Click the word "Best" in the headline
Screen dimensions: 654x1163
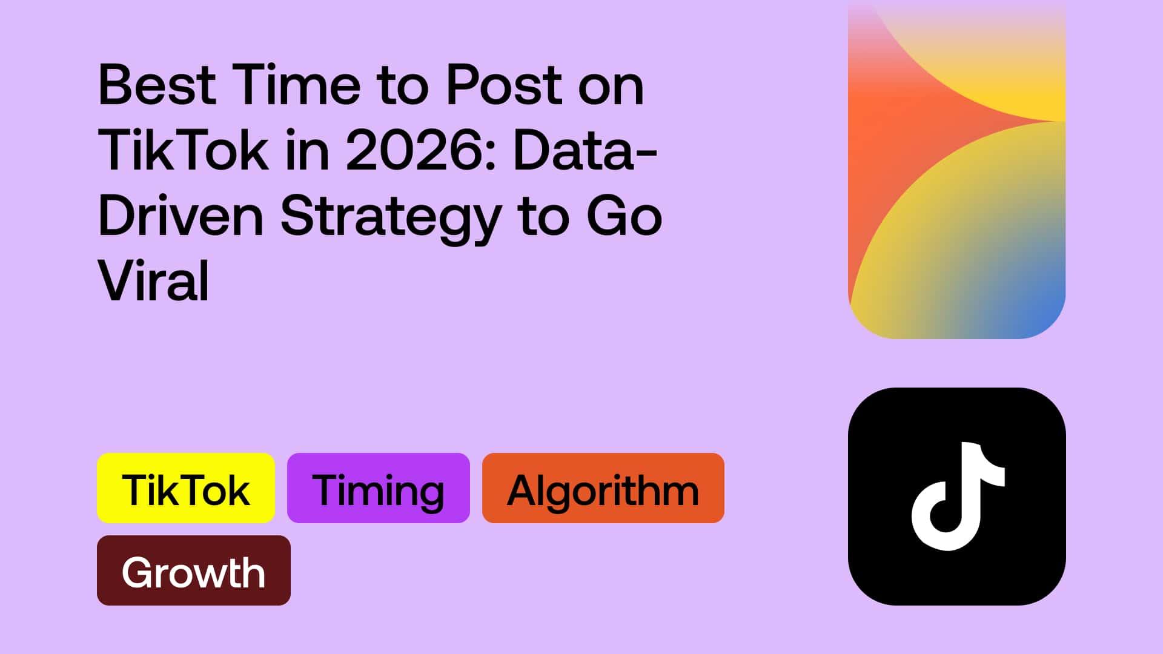[157, 85]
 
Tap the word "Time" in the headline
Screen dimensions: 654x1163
[296, 85]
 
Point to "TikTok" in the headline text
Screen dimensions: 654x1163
[182, 151]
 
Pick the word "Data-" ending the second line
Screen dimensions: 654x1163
[585, 151]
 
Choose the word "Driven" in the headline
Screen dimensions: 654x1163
[181, 216]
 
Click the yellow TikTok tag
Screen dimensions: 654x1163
[186, 488]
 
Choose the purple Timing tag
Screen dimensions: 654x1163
[379, 488]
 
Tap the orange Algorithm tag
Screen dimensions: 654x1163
[603, 488]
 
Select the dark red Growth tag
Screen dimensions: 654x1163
[194, 570]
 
